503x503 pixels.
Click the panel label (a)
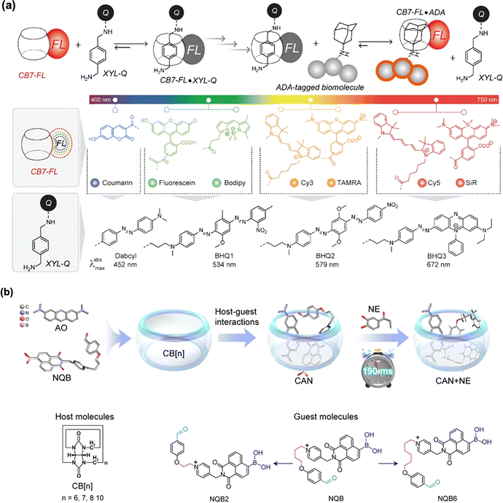click(8, 7)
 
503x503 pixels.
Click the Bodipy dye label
click(239, 199)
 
